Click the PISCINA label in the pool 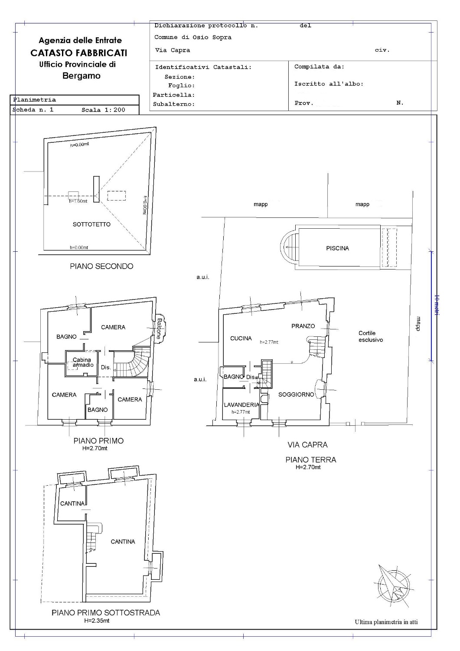[337, 249]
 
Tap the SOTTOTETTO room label [91, 224]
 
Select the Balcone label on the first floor [159, 329]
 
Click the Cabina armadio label [83, 362]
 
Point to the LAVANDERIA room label [241, 405]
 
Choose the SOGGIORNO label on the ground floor [296, 395]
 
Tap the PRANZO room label [303, 326]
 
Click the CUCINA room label [241, 338]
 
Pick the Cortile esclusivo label [371, 336]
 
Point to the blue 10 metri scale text [437, 305]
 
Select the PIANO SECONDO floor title [101, 266]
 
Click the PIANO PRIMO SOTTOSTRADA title [106, 613]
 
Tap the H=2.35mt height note [97, 621]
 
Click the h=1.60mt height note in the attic [78, 201]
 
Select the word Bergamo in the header [82, 76]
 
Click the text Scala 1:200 [103, 110]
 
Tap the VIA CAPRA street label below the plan [307, 445]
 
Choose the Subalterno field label [174, 104]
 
